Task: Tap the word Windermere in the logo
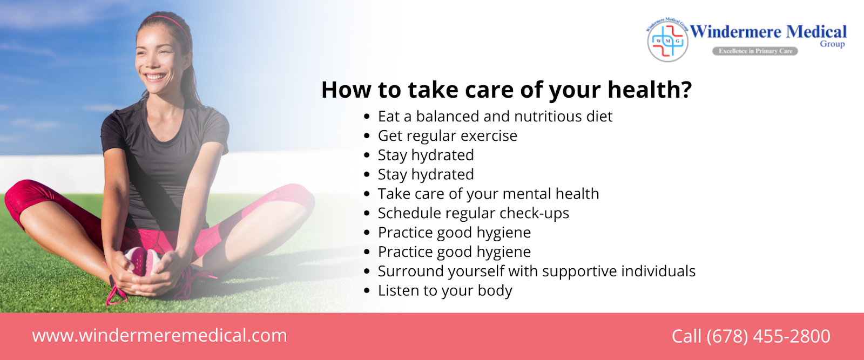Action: coord(735,32)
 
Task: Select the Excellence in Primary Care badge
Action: coord(755,51)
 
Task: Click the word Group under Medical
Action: coord(832,44)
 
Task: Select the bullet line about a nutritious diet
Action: coord(495,117)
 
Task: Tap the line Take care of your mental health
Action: coord(488,194)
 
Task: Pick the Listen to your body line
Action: coord(445,290)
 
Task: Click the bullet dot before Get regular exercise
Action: coord(367,136)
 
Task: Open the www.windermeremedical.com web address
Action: coord(160,336)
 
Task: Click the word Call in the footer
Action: coord(686,336)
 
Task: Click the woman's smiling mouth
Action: coord(155,76)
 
